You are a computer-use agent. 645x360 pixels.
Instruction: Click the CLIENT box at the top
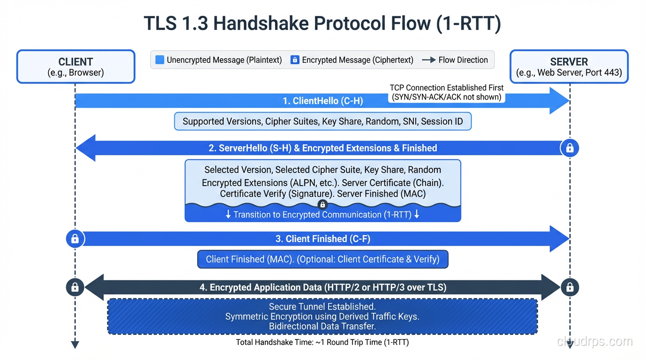click(75, 67)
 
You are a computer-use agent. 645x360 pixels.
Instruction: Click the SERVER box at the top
click(569, 67)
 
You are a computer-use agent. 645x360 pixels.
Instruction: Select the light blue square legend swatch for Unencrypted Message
click(160, 60)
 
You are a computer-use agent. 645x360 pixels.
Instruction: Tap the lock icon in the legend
click(295, 60)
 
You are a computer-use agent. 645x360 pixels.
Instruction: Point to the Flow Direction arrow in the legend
click(428, 60)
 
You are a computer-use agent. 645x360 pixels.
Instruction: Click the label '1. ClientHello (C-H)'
click(322, 101)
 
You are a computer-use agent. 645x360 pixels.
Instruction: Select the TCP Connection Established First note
click(446, 92)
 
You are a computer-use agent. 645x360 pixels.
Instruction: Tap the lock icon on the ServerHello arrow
click(570, 148)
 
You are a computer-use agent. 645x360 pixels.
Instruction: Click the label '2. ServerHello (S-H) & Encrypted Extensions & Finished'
click(322, 148)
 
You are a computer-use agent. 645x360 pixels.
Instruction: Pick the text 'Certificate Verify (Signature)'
click(276, 194)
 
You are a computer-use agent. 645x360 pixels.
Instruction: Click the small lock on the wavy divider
click(322, 204)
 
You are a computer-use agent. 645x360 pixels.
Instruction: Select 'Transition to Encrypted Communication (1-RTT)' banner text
click(322, 215)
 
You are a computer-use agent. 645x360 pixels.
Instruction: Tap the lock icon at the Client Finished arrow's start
click(75, 239)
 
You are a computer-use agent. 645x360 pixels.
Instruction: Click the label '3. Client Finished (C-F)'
click(322, 239)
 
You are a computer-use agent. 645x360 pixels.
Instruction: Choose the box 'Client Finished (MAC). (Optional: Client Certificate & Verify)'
click(322, 259)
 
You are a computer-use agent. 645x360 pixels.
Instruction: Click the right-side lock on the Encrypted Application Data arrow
click(570, 287)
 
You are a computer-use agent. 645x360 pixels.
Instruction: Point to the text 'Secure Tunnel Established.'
click(322, 307)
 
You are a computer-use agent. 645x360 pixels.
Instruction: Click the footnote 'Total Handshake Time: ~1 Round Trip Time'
click(322, 342)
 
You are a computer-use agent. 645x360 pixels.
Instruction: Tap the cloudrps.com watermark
click(594, 341)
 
